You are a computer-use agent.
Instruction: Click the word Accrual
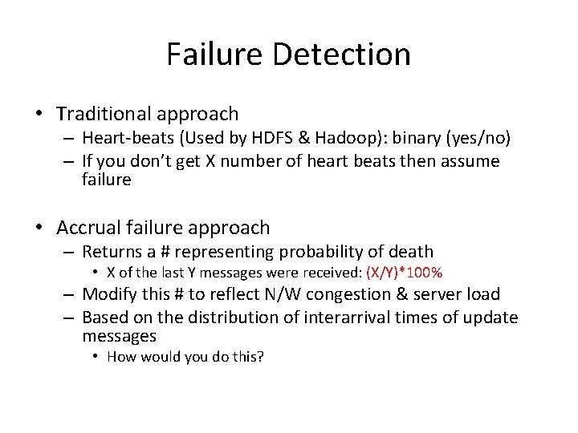pyautogui.click(x=88, y=228)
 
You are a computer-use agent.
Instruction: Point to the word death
pyautogui.click(x=410, y=252)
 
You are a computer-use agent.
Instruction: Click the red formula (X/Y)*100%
pyautogui.click(x=404, y=273)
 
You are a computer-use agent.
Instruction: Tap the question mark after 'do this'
pyautogui.click(x=260, y=356)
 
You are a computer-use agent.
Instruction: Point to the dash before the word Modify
pyautogui.click(x=70, y=294)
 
